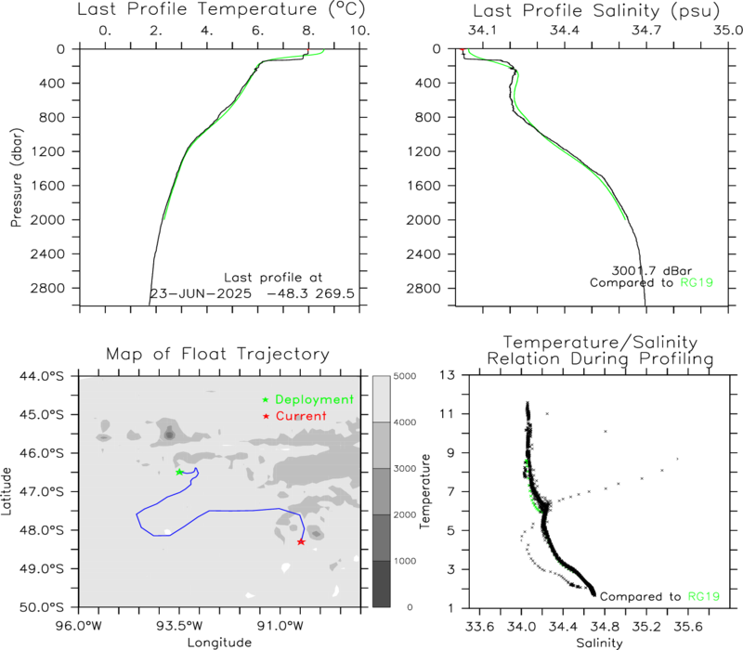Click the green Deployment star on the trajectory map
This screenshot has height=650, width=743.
click(179, 472)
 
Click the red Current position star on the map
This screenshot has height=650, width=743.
click(301, 541)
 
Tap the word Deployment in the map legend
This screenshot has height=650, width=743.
click(314, 400)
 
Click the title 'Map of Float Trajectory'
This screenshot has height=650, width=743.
click(217, 354)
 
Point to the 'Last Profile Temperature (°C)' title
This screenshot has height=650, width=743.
click(221, 9)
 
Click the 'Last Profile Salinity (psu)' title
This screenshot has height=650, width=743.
click(596, 11)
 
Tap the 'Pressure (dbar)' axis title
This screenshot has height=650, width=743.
click(16, 177)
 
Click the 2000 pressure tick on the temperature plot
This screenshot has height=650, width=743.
click(48, 220)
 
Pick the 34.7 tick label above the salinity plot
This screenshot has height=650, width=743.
click(646, 31)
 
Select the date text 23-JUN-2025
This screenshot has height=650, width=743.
click(201, 293)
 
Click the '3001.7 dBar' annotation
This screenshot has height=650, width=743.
click(652, 270)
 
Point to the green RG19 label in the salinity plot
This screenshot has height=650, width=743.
click(697, 283)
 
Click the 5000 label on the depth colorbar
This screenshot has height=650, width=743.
click(405, 376)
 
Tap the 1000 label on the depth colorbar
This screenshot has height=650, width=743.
click(405, 561)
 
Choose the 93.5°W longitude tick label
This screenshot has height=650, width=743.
click(179, 626)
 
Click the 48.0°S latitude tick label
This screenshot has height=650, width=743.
click(42, 530)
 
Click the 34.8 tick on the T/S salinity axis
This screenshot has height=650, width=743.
click(605, 627)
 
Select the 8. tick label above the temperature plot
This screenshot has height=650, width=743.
click(308, 31)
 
